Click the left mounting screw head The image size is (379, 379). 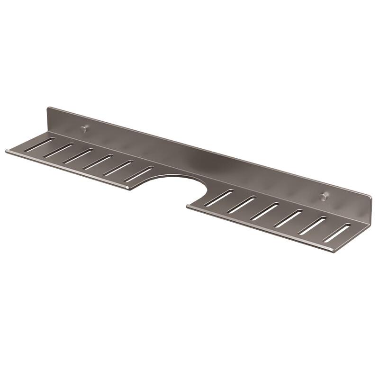pos(84,128)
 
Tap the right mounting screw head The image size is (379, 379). pos(324,196)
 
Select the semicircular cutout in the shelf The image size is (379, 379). pos(178,187)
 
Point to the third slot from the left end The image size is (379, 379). pos(78,156)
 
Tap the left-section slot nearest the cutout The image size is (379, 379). pos(138,174)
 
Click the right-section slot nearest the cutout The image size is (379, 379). pos(219,198)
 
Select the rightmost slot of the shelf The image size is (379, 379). pos(337,233)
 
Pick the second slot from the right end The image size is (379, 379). pos(313,226)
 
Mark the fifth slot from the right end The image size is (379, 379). pos(242,204)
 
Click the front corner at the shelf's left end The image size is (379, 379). pos(7,152)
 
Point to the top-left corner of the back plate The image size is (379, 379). pos(48,108)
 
